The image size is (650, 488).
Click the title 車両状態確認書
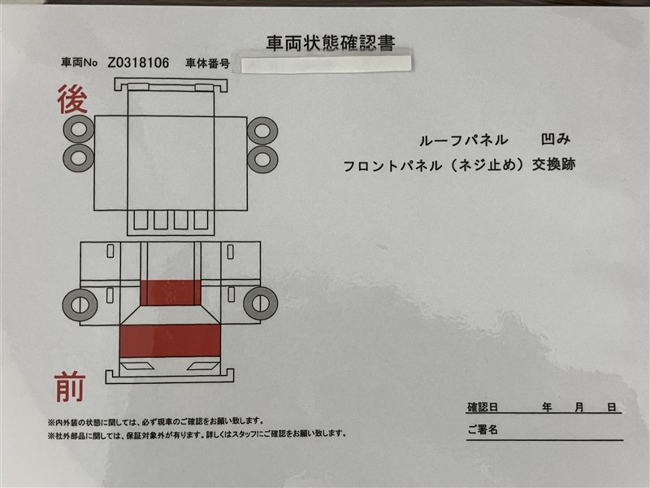331,43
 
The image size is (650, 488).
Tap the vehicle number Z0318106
138,63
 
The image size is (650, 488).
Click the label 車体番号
207,63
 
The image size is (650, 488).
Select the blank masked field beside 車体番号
327,64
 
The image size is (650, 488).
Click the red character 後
72,99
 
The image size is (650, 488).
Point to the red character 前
70,387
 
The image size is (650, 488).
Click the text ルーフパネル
464,140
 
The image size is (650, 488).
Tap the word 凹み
556,139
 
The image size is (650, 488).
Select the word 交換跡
554,165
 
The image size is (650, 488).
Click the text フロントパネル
392,166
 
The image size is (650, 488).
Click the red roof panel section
171,293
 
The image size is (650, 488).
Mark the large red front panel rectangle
170,341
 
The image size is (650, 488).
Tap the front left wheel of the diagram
80,305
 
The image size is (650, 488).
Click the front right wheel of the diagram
260,303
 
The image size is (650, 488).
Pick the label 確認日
483,407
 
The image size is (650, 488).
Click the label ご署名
483,429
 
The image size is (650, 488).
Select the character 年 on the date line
547,407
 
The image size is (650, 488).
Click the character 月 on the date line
579,407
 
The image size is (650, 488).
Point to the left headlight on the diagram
136,366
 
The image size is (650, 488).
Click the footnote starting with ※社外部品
197,434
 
